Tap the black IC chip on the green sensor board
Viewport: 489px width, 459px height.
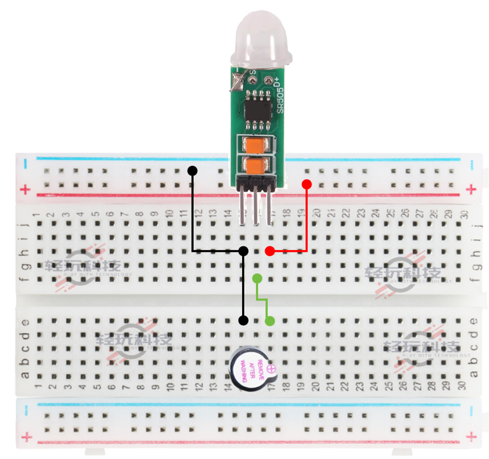256,109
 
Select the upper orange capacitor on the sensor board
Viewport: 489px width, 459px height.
255,145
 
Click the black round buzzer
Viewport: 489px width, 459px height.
253,368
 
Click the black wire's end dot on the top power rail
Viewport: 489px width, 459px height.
193,170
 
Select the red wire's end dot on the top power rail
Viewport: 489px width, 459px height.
307,184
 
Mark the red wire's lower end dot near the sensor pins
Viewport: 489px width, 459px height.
270,251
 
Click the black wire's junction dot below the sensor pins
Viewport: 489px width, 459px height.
244,251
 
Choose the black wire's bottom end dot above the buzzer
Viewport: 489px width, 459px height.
244,321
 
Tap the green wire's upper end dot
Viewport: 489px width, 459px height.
257,279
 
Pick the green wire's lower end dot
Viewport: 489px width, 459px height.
270,321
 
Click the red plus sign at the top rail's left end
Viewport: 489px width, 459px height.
24,189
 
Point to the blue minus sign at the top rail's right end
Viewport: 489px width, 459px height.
472,162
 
